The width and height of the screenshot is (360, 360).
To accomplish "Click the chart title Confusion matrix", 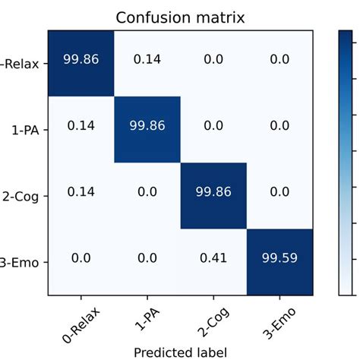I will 180,16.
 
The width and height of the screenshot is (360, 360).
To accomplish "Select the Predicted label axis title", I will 180,352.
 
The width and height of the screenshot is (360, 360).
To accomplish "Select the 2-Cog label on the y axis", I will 25,195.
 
